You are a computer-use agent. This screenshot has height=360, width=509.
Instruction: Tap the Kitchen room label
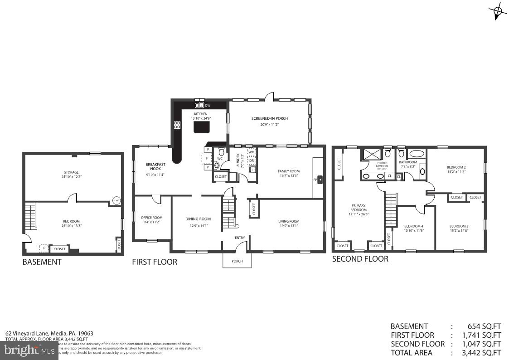click(x=201, y=114)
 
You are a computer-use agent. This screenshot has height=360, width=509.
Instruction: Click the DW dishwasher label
click(x=208, y=106)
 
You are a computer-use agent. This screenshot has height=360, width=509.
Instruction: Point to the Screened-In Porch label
click(x=270, y=119)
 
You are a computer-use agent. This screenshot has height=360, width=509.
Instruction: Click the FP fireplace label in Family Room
click(x=315, y=180)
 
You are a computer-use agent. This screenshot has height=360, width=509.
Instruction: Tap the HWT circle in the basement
click(x=116, y=200)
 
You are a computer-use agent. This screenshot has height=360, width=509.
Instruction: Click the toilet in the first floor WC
click(x=216, y=166)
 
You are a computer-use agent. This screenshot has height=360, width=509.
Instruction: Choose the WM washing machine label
click(x=251, y=152)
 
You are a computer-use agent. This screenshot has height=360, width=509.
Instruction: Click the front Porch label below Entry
click(x=237, y=261)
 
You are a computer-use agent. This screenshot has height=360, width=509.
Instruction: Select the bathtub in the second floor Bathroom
click(x=416, y=154)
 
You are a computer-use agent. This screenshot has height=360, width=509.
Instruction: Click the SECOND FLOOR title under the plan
click(x=360, y=259)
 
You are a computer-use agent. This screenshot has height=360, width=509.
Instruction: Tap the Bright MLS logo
click(x=29, y=350)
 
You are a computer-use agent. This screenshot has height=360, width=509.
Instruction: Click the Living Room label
click(x=289, y=221)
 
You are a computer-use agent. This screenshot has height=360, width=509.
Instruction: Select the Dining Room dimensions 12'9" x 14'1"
click(x=198, y=225)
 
